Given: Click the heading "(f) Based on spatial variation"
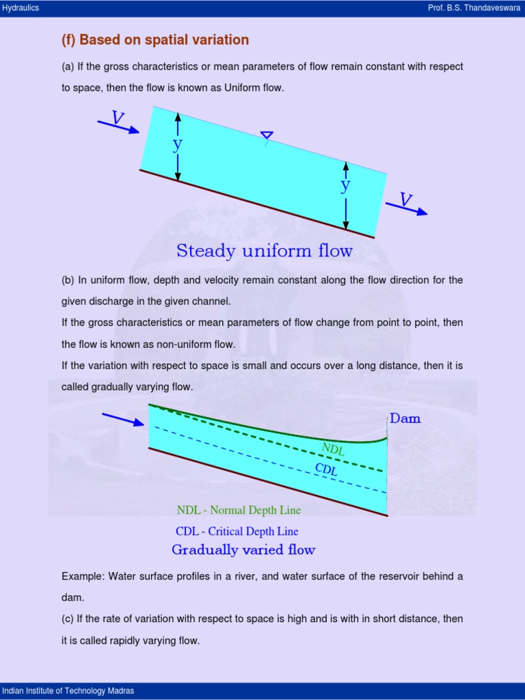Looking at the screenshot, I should click(x=155, y=40).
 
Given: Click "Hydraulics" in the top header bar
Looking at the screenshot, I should click(x=21, y=8).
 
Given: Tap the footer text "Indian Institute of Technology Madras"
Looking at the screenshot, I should click(x=68, y=691).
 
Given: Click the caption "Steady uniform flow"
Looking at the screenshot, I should click(x=265, y=251).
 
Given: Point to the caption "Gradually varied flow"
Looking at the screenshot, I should click(x=243, y=550).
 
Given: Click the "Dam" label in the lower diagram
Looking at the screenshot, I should click(x=405, y=418).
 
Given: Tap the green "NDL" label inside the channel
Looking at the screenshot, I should click(x=333, y=449).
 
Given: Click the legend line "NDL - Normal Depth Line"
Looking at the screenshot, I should click(x=239, y=510).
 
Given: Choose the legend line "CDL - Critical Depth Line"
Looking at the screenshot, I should click(x=237, y=531).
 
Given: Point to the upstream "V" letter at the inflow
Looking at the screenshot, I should click(x=118, y=118).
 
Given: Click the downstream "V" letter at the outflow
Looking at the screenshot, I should click(x=406, y=199).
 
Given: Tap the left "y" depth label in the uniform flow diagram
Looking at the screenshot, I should click(x=178, y=144).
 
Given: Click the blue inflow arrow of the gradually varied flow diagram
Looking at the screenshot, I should click(x=123, y=418).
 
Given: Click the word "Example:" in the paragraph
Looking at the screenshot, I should click(x=82, y=576).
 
